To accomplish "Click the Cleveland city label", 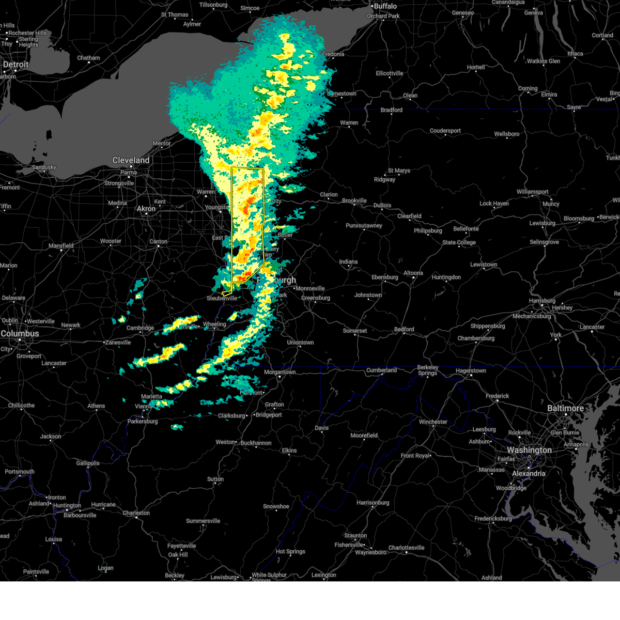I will click(131, 160).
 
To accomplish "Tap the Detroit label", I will click(16, 65).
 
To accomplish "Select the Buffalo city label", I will click(385, 6).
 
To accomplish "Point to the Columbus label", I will click(20, 334).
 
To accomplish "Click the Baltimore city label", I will click(566, 408).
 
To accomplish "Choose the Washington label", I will click(529, 450).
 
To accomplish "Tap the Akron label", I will click(146, 209).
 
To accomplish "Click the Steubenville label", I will click(222, 299).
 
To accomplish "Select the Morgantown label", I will click(280, 372).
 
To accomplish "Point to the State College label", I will click(459, 242).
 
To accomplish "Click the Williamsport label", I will click(532, 192).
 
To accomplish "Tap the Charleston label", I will click(136, 513).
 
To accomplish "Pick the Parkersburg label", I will click(143, 422).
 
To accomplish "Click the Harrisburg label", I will click(542, 301).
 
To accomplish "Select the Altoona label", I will click(413, 273).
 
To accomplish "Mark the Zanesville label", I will click(118, 343).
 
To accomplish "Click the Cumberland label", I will click(381, 370).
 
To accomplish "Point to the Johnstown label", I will click(368, 295).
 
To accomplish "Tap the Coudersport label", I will click(445, 131).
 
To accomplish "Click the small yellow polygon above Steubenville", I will click(226, 293).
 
